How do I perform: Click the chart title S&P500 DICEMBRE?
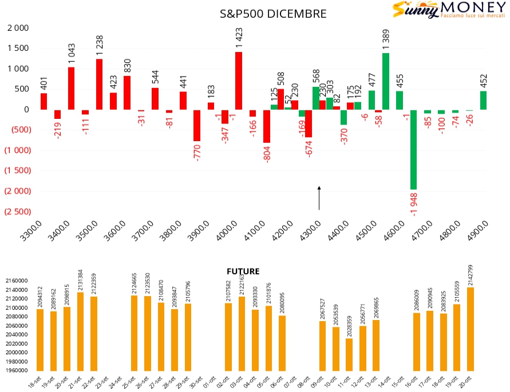tap(274, 14)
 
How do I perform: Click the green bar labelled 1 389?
tap(386, 81)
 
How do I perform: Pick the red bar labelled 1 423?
tap(239, 81)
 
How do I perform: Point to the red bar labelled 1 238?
tap(100, 84)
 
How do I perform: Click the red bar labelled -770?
tap(197, 125)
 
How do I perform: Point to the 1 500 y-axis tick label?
tap(17, 48)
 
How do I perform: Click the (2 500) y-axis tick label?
tap(17, 211)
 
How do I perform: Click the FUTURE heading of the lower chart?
tap(243, 271)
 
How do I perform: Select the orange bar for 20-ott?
tap(471, 329)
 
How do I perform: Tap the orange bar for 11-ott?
tap(349, 354)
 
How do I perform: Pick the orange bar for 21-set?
tap(81, 331)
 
